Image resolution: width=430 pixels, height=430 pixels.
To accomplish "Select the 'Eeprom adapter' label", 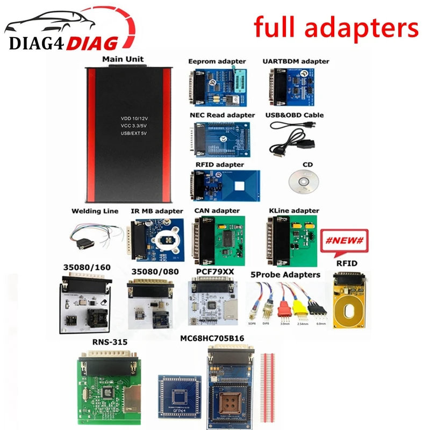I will point(218,62).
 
